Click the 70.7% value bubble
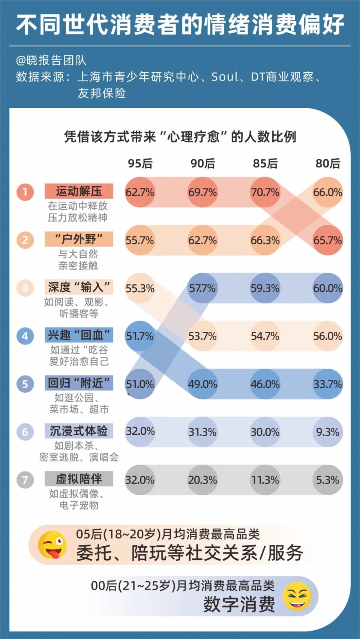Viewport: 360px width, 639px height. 265,192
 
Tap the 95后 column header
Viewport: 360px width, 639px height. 140,163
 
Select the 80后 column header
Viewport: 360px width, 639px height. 328,163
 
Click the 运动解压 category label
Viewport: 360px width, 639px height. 79,191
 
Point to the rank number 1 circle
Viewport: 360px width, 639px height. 25,192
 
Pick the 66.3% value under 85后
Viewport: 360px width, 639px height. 265,240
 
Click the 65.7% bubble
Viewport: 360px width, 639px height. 328,240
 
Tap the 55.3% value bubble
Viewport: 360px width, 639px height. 140,288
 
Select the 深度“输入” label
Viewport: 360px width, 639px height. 79,287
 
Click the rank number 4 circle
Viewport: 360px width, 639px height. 25,336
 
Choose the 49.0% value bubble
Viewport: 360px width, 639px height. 202,384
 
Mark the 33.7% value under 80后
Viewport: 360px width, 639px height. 328,384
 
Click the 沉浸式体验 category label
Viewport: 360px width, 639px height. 79,431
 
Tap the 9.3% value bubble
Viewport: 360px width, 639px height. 328,432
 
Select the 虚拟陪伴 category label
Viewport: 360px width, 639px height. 79,479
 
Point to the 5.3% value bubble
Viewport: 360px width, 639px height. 328,480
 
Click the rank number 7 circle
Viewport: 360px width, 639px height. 25,480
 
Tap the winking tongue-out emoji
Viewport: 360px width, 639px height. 52,545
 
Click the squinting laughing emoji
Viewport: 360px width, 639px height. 297,596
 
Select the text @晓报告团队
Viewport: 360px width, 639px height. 51,60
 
